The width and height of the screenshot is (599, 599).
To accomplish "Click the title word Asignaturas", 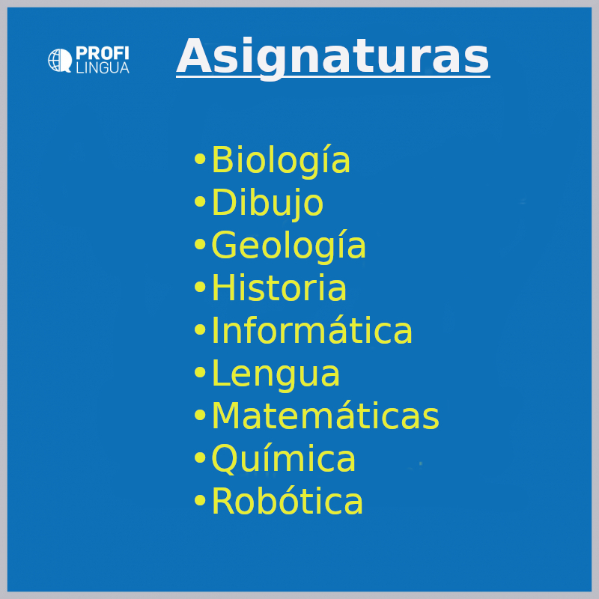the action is [332, 58].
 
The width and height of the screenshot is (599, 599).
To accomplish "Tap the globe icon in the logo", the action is [60, 61].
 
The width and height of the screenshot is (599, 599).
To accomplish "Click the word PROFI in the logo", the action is [103, 53].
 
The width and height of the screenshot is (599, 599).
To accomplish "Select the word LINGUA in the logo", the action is [103, 67].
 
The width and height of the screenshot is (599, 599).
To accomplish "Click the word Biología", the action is [281, 160].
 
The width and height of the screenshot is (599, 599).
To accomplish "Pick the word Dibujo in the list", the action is [267, 203].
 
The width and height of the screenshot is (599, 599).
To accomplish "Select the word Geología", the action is [288, 246].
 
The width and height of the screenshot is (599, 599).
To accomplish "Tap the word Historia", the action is [279, 288].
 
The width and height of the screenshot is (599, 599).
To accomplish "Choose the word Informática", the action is [311, 329].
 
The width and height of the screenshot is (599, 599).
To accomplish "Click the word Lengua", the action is [276, 373].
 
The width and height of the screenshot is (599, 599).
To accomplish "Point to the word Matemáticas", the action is [325, 416].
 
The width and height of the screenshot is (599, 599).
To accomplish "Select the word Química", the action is [283, 458].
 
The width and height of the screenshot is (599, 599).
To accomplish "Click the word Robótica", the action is [287, 501].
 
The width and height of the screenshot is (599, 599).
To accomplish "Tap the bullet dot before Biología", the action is [200, 159].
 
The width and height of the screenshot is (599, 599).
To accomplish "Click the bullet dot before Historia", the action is [200, 287].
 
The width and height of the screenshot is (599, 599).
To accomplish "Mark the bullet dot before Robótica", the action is [200, 499].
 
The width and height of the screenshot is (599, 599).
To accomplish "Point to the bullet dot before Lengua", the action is [200, 371].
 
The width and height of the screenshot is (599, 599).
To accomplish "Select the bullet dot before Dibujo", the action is [200, 201].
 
